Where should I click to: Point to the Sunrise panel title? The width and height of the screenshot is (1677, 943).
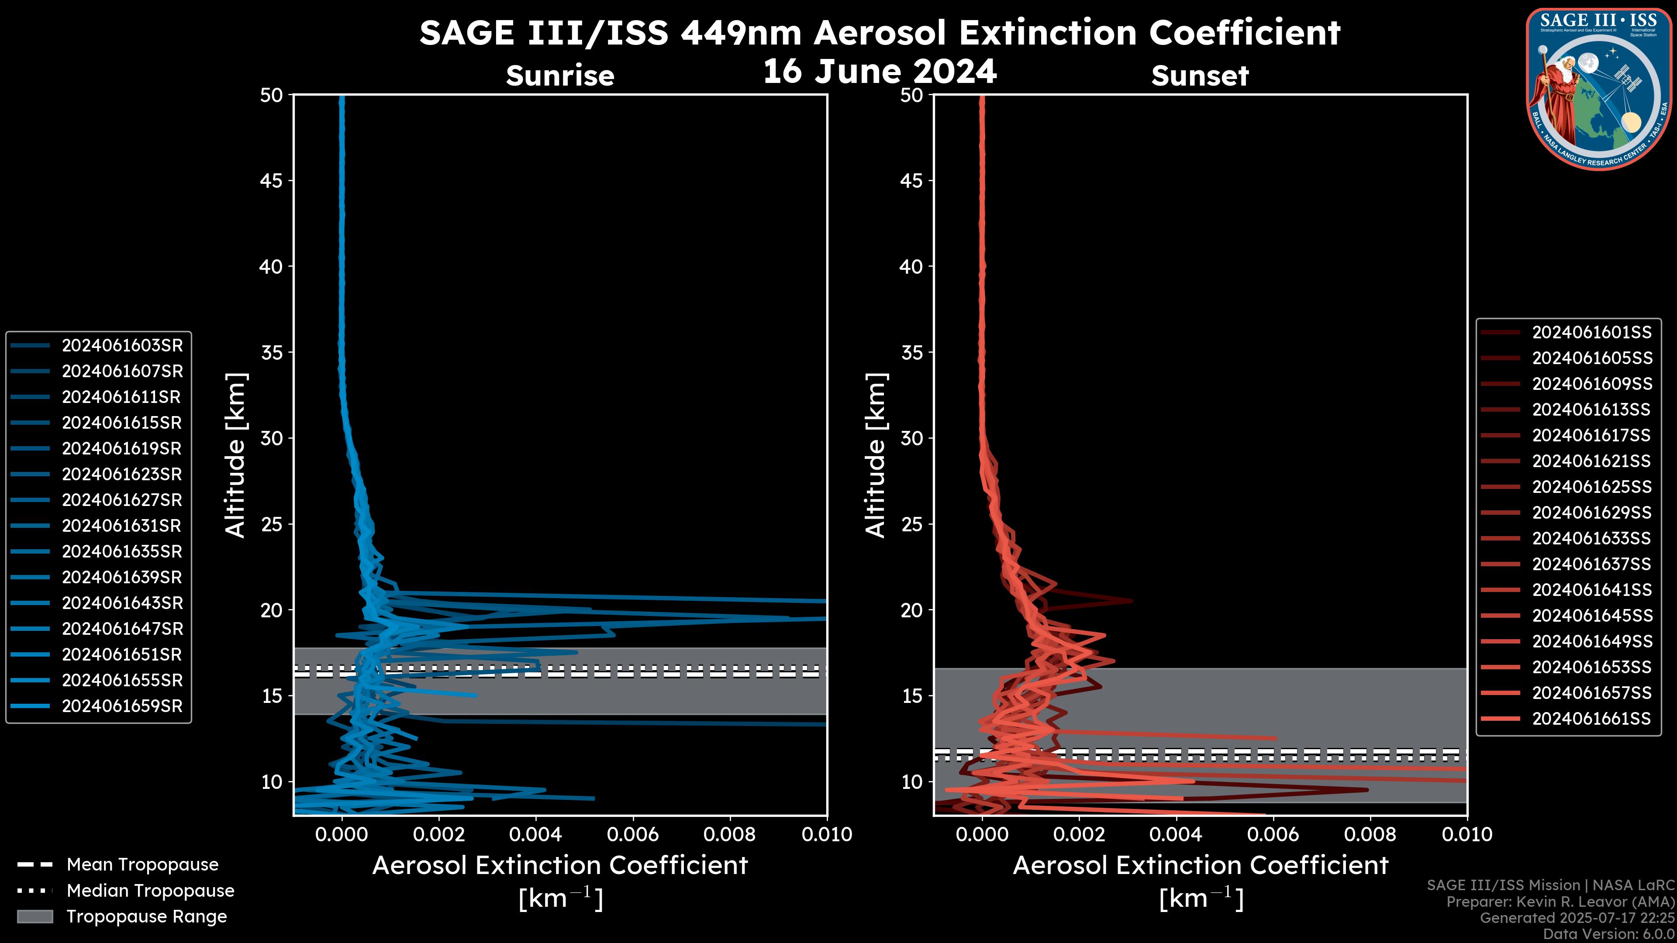[560, 76]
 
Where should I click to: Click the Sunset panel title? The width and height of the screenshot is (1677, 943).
[1200, 76]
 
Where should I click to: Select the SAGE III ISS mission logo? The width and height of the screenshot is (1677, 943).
[1599, 89]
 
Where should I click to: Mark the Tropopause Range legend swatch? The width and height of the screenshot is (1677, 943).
[35, 916]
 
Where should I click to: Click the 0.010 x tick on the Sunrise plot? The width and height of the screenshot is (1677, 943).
[827, 834]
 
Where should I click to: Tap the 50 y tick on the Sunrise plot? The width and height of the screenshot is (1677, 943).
[272, 96]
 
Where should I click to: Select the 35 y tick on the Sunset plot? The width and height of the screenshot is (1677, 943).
[911, 353]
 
